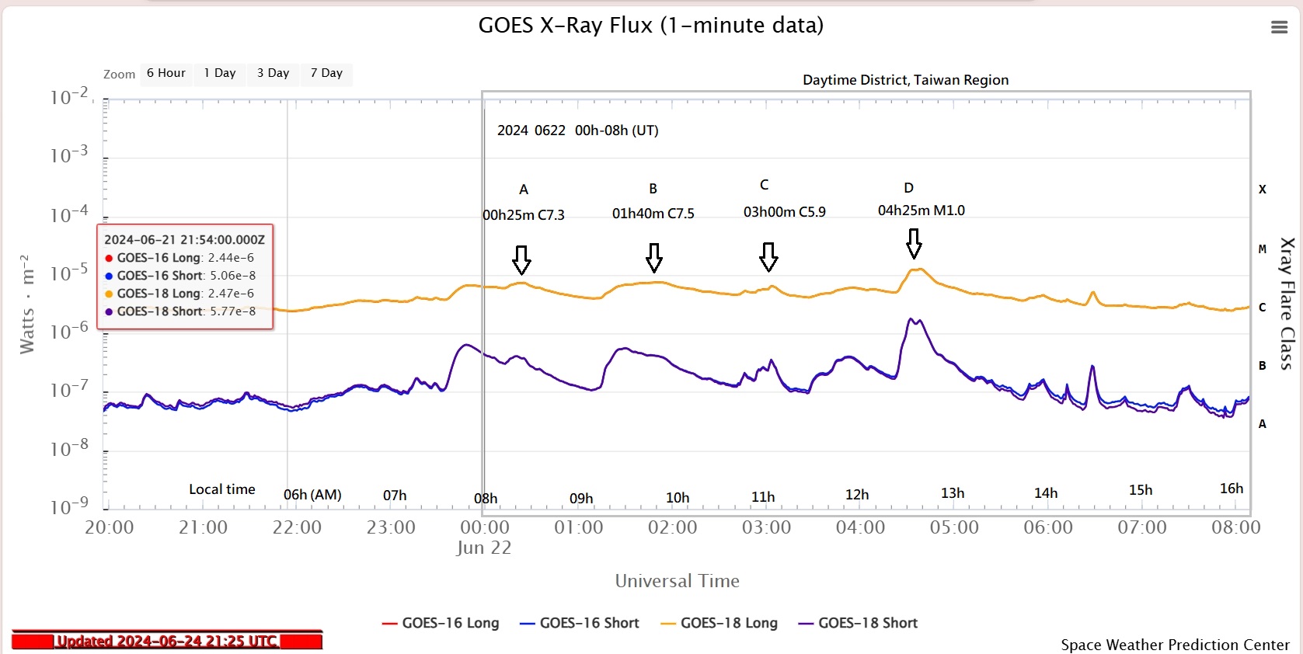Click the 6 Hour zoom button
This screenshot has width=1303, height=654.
click(166, 73)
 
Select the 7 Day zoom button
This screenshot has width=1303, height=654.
click(326, 73)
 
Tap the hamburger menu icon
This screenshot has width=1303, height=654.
click(1279, 28)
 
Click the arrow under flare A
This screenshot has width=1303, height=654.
click(521, 259)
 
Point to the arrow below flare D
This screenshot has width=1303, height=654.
click(914, 243)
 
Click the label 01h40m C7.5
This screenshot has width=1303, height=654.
click(653, 214)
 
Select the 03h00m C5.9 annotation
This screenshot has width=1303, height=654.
click(784, 212)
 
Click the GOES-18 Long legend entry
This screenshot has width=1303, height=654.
click(719, 623)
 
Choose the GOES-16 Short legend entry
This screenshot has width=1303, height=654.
click(579, 623)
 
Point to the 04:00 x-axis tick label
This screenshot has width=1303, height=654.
click(860, 527)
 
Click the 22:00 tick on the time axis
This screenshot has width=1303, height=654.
click(297, 527)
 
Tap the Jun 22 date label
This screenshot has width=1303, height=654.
click(483, 548)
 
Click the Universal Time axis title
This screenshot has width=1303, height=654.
click(677, 581)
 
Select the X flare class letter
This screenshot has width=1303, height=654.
click(1262, 190)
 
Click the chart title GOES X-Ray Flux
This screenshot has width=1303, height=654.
click(650, 26)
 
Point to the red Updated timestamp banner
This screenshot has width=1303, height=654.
click(167, 642)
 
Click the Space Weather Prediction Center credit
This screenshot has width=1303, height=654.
click(1175, 645)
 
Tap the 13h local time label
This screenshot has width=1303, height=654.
click(952, 493)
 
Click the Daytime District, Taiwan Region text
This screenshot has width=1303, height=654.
click(905, 80)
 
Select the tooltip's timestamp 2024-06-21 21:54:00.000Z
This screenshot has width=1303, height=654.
click(185, 240)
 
